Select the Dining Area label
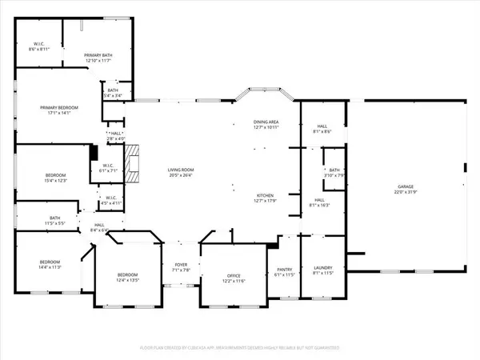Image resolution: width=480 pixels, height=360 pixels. (x=266, y=122)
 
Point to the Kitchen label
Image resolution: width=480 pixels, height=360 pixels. (x=266, y=195)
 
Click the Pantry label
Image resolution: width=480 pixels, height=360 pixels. (x=285, y=270)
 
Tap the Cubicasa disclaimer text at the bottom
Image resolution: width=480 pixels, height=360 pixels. (x=239, y=348)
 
